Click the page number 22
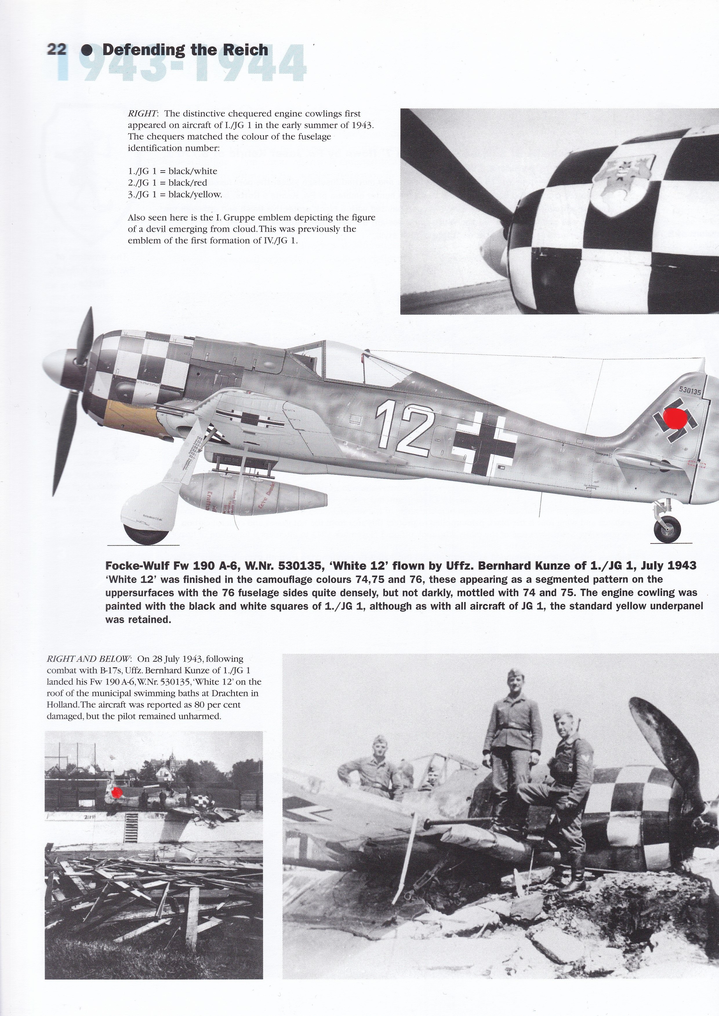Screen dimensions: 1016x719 pyautogui.click(x=56, y=49)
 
